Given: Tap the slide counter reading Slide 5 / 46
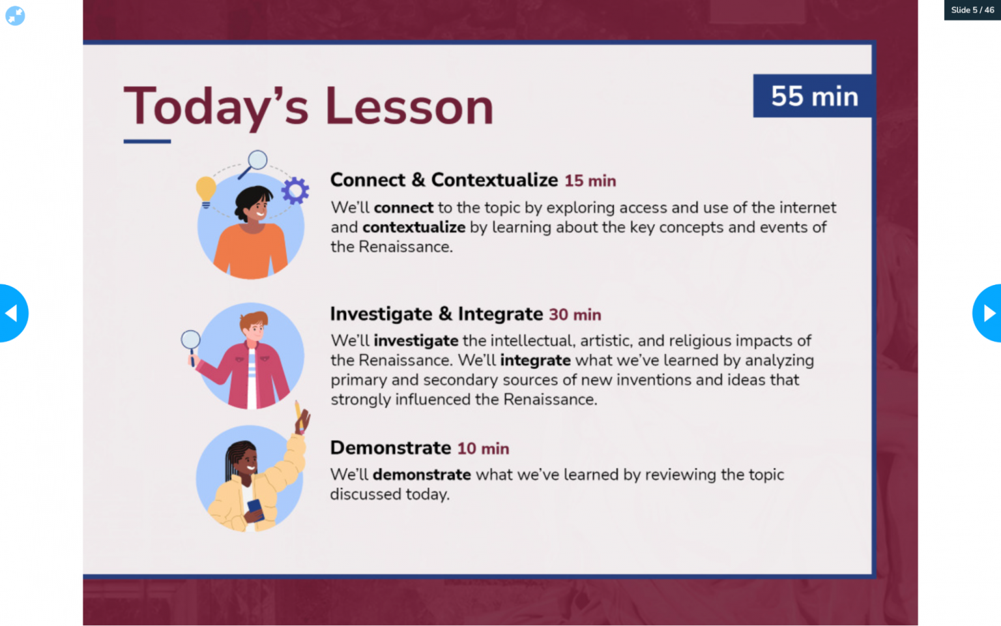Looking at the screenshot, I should [x=972, y=10].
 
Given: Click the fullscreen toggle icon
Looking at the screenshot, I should [x=15, y=16].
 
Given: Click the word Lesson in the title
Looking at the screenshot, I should [x=409, y=106].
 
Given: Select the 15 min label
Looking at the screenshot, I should [x=590, y=181].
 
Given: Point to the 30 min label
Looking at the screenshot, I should [x=574, y=314].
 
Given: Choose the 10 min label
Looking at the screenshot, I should [x=483, y=449].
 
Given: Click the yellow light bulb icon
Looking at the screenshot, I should [x=206, y=190].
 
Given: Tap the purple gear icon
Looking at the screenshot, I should [x=295, y=190].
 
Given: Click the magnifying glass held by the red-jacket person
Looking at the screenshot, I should [x=190, y=340].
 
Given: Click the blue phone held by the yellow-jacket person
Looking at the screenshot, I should [x=255, y=509].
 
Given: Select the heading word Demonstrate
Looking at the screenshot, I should [x=390, y=448].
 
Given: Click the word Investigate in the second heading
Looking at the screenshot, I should [x=381, y=314].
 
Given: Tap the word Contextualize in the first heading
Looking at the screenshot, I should [x=494, y=180].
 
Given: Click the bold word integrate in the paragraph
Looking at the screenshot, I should [x=535, y=361].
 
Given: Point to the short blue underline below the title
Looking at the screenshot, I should [x=147, y=141].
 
